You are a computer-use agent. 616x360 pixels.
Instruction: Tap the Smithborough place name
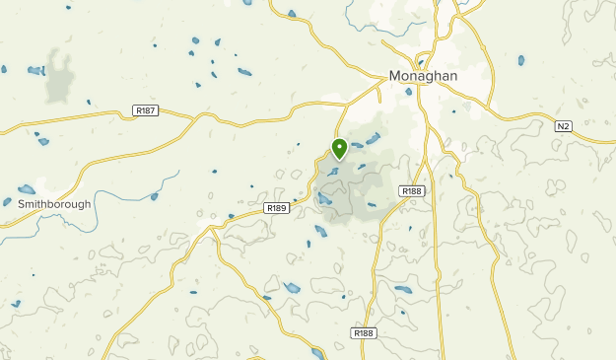click(54, 204)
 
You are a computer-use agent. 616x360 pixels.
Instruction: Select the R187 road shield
click(145, 111)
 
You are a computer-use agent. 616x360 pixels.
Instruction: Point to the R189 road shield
click(277, 208)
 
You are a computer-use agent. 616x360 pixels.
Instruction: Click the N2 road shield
click(563, 126)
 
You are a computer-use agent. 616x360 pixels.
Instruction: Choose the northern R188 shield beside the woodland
click(411, 190)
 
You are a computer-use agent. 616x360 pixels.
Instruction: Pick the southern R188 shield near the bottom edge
click(363, 333)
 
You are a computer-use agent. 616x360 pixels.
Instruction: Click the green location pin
click(339, 149)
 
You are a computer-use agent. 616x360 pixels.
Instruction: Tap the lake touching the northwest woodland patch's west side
click(36, 71)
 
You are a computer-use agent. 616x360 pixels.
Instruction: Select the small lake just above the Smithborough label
click(27, 188)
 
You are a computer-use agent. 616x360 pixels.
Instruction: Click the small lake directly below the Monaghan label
click(408, 91)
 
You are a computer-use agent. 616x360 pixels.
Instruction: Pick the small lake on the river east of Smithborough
click(155, 196)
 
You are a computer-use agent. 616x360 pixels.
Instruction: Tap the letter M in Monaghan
click(395, 75)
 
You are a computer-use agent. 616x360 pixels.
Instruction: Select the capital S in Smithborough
click(22, 204)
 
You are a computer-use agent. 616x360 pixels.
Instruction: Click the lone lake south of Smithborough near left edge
click(17, 304)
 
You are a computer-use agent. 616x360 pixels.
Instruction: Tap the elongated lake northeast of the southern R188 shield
click(404, 290)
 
